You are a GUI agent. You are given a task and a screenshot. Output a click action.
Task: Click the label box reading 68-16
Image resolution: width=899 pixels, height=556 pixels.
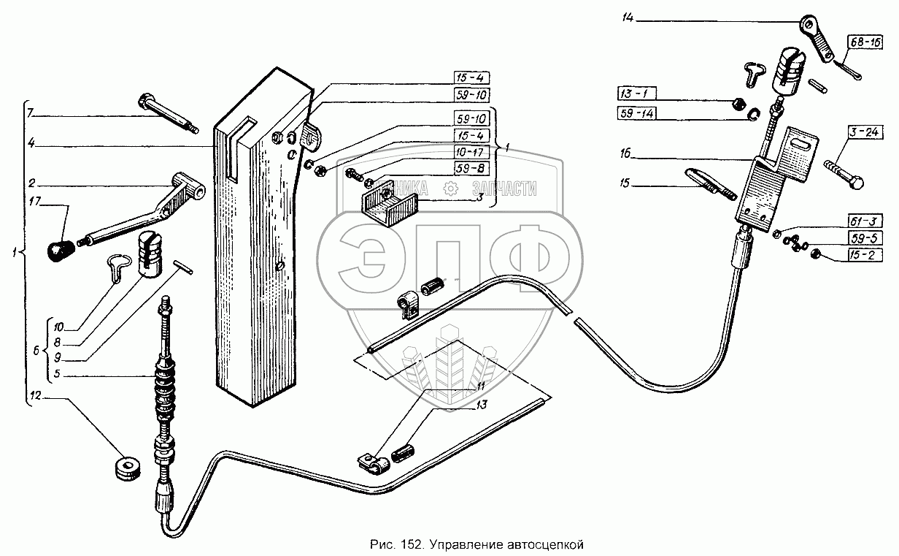863,44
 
